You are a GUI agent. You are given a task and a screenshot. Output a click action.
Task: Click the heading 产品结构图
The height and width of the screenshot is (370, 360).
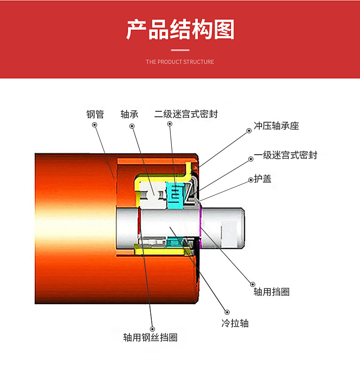[180, 30]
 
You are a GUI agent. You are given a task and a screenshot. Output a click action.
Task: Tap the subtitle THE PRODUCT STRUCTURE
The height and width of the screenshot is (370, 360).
[180, 62]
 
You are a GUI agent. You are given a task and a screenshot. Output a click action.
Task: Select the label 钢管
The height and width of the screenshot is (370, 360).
[95, 114]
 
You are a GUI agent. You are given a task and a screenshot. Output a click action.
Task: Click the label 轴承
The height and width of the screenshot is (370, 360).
[129, 114]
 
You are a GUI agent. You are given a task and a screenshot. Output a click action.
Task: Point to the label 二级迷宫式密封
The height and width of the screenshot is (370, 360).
[186, 114]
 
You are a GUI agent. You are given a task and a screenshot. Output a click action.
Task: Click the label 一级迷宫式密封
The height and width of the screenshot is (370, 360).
[286, 155]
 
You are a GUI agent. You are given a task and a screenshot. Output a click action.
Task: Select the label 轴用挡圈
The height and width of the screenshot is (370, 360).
[272, 292]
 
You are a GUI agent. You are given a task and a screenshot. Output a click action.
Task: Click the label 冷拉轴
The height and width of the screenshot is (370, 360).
[235, 323]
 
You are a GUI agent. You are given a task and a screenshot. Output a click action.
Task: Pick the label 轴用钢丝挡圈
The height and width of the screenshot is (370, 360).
[150, 338]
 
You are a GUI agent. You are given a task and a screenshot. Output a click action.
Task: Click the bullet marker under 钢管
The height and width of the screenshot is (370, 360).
[95, 125]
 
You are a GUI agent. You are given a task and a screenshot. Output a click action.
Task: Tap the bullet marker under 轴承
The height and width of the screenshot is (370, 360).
[132, 125]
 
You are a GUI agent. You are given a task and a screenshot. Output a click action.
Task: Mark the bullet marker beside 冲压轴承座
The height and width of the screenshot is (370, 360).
[249, 130]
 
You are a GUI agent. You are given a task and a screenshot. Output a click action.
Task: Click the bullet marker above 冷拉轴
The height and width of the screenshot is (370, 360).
[223, 307]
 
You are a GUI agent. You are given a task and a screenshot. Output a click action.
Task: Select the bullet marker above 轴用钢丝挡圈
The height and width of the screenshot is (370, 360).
[152, 328]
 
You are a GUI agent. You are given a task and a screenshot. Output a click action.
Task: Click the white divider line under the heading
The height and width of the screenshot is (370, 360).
[180, 50]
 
